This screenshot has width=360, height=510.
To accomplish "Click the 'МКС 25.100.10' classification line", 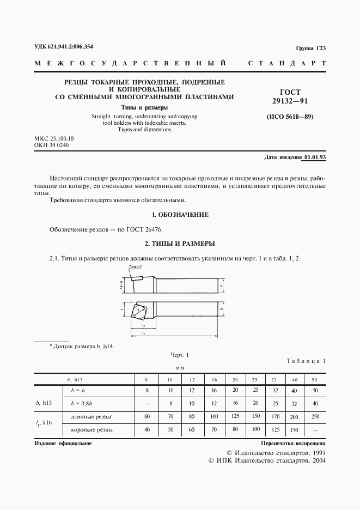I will tap(54, 139).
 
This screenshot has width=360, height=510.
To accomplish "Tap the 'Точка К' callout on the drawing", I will tap(135, 267).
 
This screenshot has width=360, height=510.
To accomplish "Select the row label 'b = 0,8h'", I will tap(82, 404).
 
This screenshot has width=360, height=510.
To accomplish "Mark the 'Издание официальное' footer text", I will tap(63, 444).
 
